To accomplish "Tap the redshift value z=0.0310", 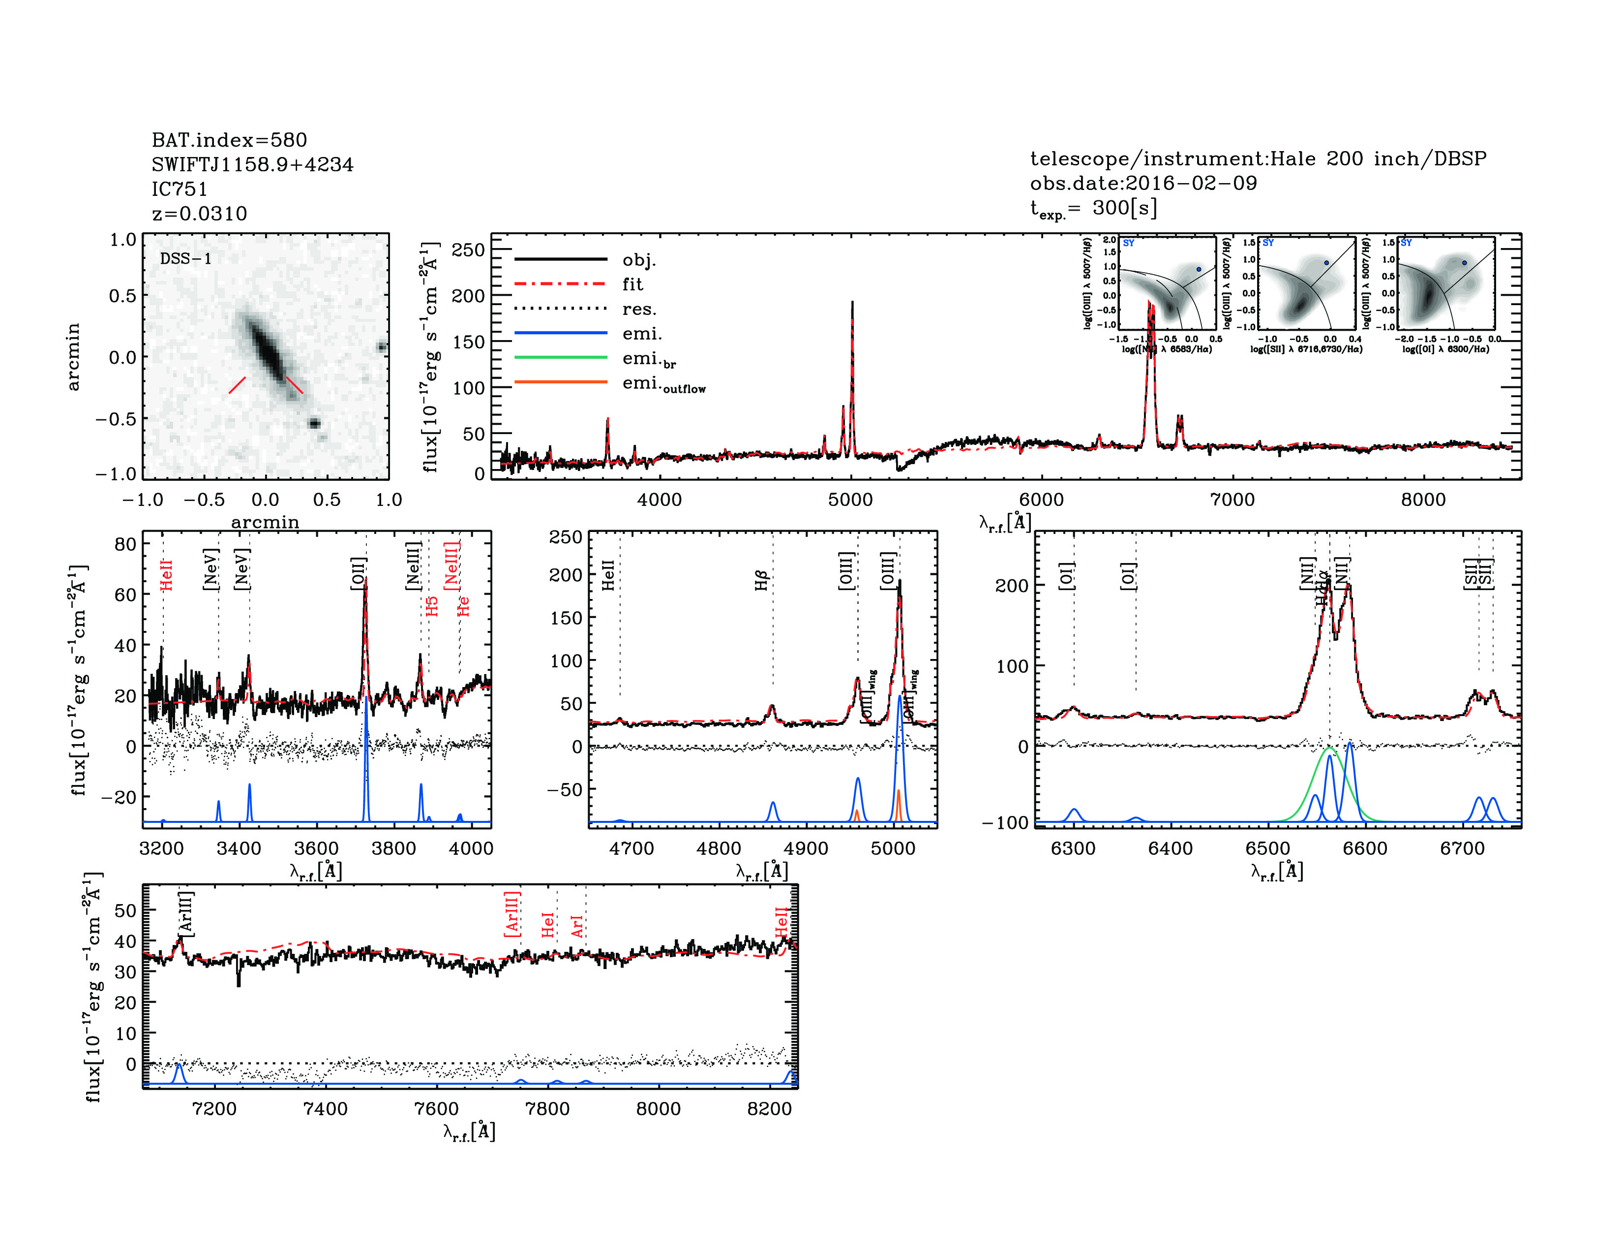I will point(199,214).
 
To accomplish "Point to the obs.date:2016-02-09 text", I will point(1143,183).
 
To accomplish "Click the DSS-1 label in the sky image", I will point(186,259).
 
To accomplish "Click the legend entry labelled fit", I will point(632,284).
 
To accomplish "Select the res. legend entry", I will point(639,309).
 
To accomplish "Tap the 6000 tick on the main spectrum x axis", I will point(1041,500).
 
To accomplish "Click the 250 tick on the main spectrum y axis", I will point(468,250).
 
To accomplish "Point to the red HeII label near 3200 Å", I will point(166,575).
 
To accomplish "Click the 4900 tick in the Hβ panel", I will point(806,848).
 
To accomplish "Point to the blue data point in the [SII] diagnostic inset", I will point(1326,262).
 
